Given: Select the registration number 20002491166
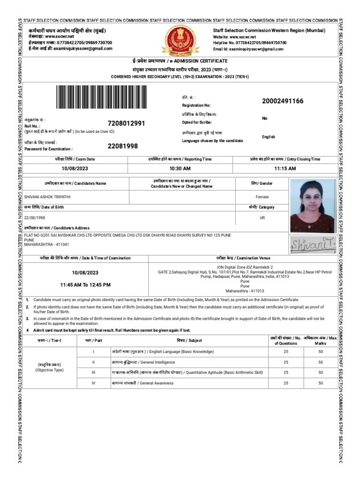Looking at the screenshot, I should (283, 102).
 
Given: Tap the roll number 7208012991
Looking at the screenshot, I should (126, 123).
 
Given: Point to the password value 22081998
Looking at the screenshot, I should (123, 146).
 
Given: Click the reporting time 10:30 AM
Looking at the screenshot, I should (180, 168).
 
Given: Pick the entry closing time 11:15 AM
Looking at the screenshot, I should (285, 168).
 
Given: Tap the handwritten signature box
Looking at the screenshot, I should (312, 244).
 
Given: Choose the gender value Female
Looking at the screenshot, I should (262, 197).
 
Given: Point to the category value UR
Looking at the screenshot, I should (262, 217).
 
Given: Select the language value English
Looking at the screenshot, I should (268, 137).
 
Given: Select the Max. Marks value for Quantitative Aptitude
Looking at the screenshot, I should (321, 373).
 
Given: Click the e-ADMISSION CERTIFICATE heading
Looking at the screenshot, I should (180, 61).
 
